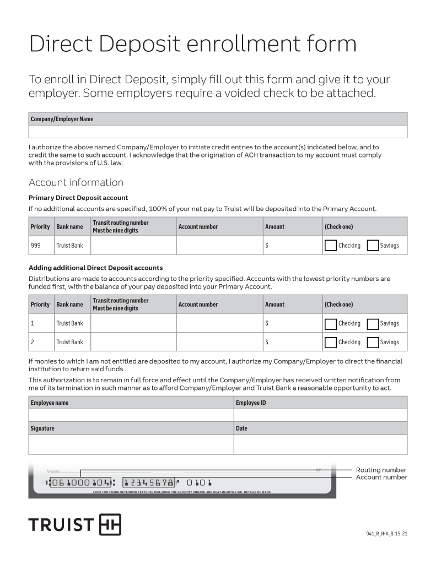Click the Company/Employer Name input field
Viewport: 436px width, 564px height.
point(218,132)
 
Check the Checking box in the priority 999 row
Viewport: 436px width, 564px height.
point(331,246)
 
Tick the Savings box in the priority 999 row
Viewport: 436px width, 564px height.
point(373,246)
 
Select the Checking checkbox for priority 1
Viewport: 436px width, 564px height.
point(331,324)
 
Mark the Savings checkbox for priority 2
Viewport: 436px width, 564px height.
point(373,343)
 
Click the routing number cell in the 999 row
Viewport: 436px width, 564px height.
point(133,246)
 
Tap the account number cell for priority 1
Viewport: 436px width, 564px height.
point(219,324)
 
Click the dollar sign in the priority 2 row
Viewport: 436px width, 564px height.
point(267,343)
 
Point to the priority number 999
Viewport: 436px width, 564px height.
point(35,246)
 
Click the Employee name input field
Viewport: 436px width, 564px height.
point(131,415)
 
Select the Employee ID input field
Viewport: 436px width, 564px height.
point(320,415)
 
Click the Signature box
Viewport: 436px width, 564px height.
point(131,444)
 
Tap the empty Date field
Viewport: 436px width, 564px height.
point(320,444)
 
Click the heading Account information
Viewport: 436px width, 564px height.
point(76,182)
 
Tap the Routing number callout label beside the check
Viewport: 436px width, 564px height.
point(381,470)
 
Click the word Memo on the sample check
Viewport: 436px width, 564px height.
point(53,471)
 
